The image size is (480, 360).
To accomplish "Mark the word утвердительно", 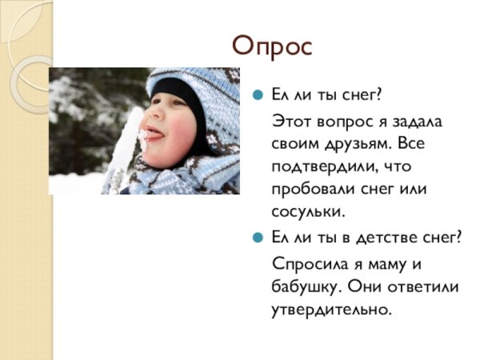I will point(331,309).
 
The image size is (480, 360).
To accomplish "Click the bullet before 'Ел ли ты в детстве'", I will point(258,239).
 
